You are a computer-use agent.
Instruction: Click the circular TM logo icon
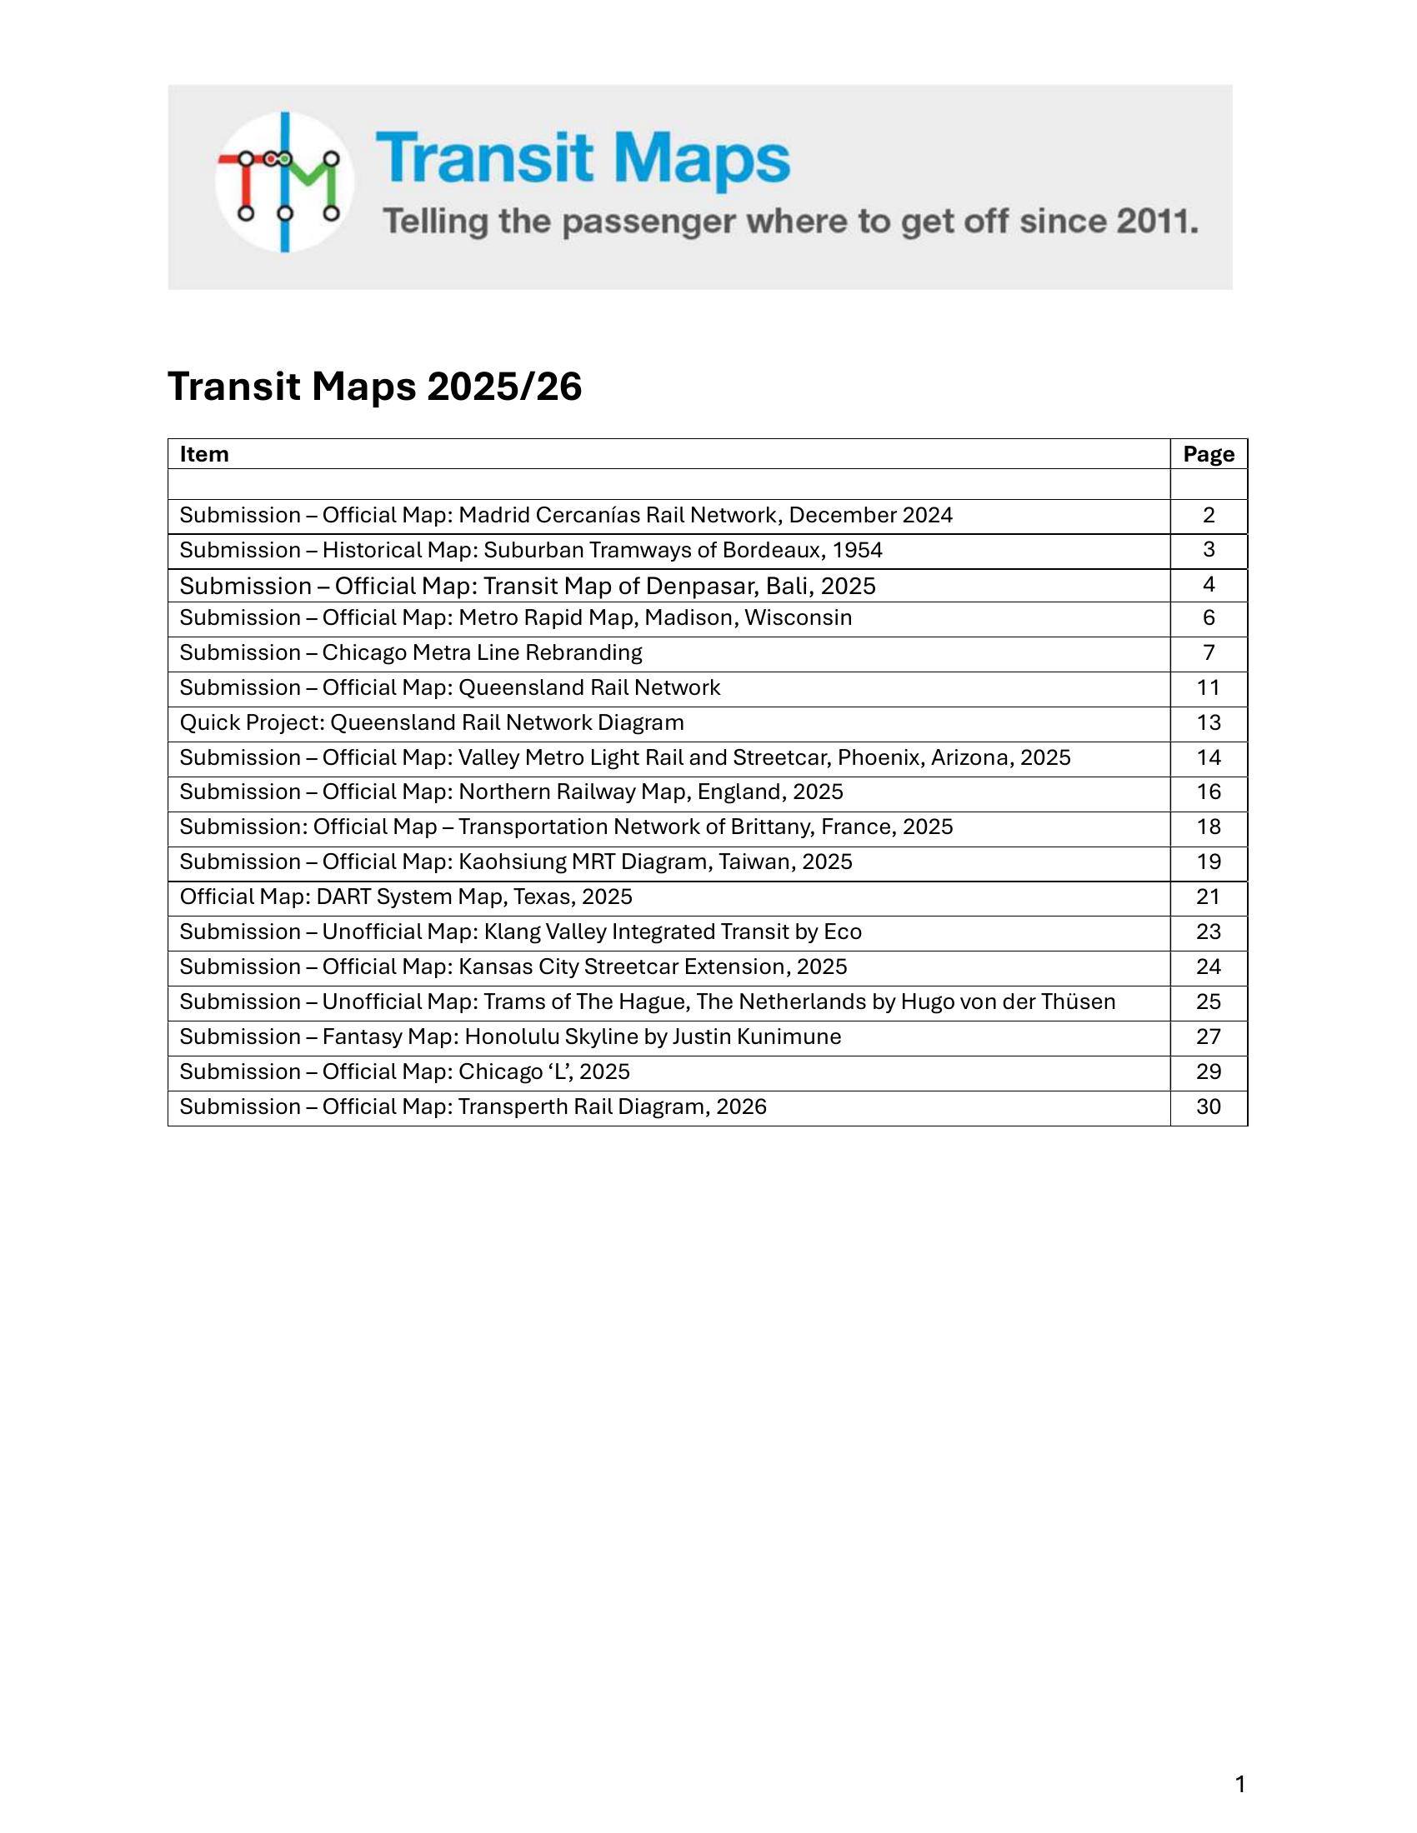pos(284,182)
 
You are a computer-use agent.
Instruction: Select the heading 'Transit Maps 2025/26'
pos(374,387)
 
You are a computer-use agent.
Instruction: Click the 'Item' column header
pos(204,454)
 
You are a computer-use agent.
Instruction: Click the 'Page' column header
pos(1208,454)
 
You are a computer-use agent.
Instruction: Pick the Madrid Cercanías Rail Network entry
pos(566,515)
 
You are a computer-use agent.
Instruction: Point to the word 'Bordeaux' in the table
pos(771,551)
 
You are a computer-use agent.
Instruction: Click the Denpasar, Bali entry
pos(527,586)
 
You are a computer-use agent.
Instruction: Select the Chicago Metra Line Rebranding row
pos(410,653)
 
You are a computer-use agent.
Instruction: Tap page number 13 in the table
pos(1208,722)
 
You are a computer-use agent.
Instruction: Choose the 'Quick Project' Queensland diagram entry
pos(432,722)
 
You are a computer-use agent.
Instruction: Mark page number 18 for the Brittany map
pos(1208,827)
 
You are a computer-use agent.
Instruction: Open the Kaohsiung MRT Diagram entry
pos(515,863)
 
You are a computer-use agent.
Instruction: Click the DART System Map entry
pos(405,897)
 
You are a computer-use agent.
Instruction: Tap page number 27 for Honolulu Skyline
pos(1208,1037)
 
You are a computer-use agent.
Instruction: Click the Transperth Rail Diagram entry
pos(473,1107)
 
